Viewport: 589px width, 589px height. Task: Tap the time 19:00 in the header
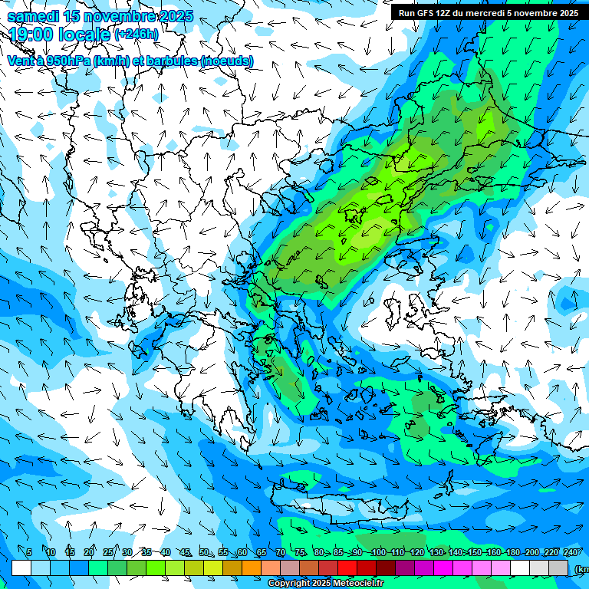click(x=35, y=35)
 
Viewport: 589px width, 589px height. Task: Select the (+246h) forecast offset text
click(x=137, y=35)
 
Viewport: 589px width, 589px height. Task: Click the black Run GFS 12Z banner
click(x=488, y=12)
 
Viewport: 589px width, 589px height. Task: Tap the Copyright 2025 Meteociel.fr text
click(x=325, y=584)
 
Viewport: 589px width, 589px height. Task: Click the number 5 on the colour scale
click(x=29, y=553)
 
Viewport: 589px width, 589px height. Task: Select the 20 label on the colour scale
click(x=89, y=553)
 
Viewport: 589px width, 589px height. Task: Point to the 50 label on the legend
click(x=204, y=553)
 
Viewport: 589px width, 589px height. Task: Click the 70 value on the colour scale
click(x=281, y=553)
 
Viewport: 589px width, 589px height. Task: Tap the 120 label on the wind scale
click(x=416, y=553)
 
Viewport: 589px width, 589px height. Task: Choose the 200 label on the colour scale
click(x=531, y=553)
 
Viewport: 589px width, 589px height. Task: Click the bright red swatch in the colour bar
click(x=347, y=568)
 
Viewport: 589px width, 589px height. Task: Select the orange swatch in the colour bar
click(x=252, y=568)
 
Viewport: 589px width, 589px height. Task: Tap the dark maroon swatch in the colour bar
click(x=386, y=568)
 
